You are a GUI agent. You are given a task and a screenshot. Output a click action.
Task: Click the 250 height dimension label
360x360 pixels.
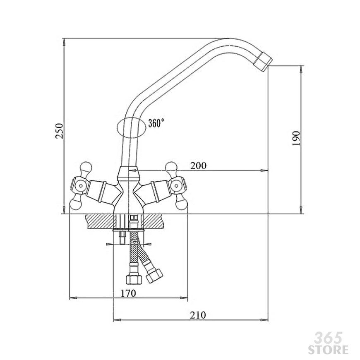point(59,131)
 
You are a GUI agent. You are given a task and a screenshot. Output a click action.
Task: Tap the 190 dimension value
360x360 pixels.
point(296,138)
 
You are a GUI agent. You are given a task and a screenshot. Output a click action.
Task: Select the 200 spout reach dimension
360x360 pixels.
point(198,166)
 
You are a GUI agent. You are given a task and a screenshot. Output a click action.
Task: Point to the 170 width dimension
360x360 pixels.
point(128,293)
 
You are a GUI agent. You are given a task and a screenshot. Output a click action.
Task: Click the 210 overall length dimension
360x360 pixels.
point(198,315)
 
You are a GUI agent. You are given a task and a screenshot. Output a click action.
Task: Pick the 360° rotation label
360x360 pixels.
point(156,123)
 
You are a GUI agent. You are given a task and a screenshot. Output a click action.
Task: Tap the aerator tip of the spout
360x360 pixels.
point(263,62)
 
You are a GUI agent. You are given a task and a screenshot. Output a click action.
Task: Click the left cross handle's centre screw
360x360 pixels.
point(81,186)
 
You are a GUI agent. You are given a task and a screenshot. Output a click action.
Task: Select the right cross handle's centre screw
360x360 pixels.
point(177,186)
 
